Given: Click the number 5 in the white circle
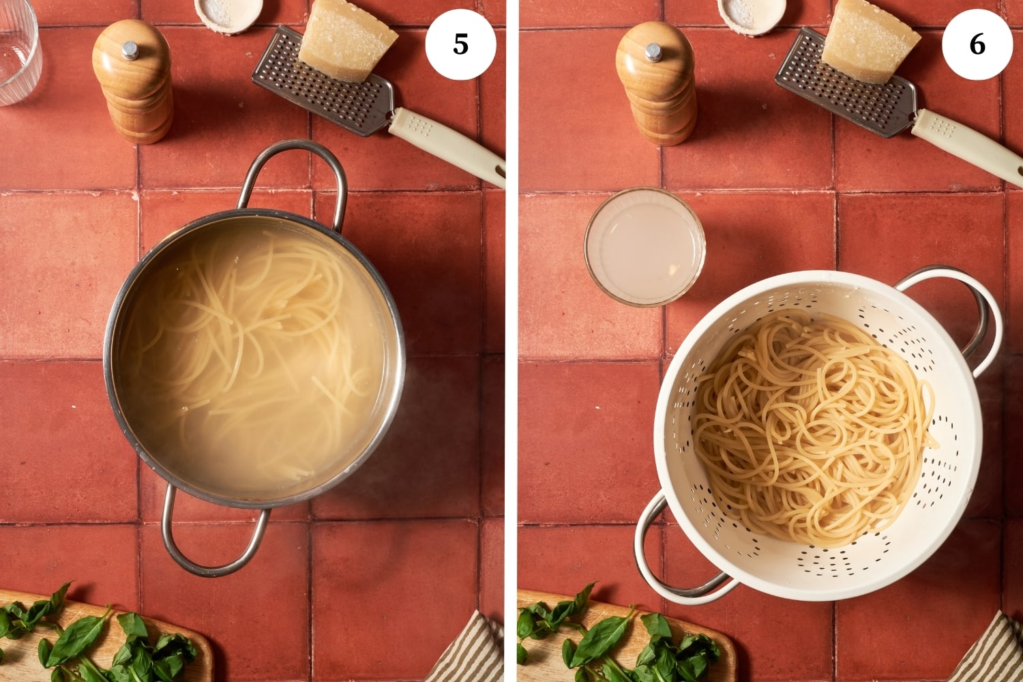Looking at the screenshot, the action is [460, 45].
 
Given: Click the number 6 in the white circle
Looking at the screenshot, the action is [977, 45].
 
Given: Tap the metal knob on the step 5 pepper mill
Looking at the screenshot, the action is [130, 50].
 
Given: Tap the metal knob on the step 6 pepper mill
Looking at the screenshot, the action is [653, 52].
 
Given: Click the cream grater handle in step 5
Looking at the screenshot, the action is [447, 145].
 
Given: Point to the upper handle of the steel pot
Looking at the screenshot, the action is [293, 151].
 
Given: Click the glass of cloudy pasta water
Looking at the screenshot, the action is [644, 247].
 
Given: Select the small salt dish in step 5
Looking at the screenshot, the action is [228, 14].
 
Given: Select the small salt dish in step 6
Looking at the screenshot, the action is [752, 14].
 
